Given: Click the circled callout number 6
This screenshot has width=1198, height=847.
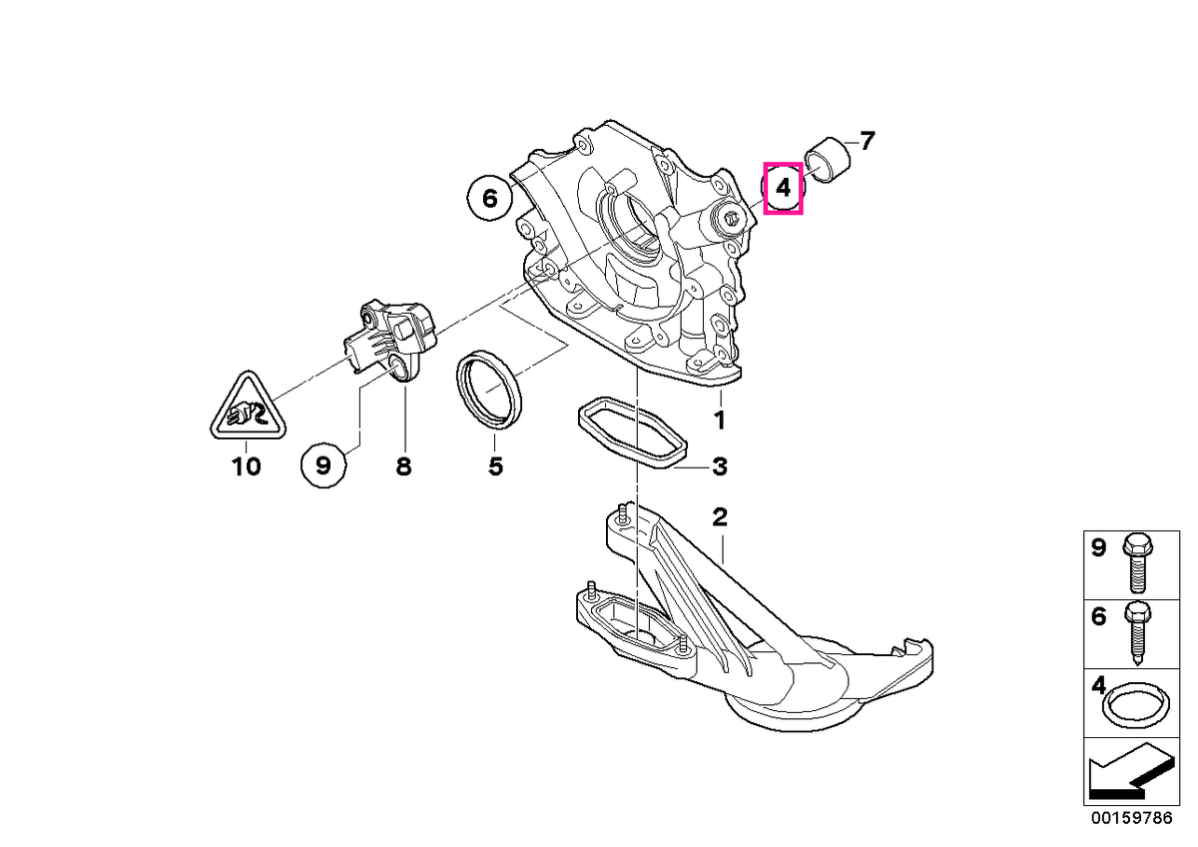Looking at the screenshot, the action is [x=490, y=199].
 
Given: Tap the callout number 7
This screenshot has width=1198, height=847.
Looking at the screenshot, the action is [x=867, y=141].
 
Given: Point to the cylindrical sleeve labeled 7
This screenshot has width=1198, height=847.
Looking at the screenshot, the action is [x=828, y=160].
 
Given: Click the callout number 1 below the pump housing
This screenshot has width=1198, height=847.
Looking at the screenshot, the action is [x=721, y=421].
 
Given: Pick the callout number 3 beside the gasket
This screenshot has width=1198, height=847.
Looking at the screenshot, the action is [x=720, y=466].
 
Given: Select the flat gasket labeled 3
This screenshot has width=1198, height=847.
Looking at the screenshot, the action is [x=632, y=432].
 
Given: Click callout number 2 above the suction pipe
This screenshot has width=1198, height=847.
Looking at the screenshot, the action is [x=720, y=516].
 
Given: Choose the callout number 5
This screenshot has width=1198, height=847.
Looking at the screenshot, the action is [x=496, y=466].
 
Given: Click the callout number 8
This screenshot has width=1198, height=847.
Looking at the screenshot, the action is [x=403, y=466].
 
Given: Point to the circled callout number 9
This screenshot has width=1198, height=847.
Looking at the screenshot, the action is [x=323, y=465].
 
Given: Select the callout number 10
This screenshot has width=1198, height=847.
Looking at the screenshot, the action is [x=246, y=466].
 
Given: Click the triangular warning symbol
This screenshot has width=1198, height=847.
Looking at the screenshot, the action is [x=248, y=408].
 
